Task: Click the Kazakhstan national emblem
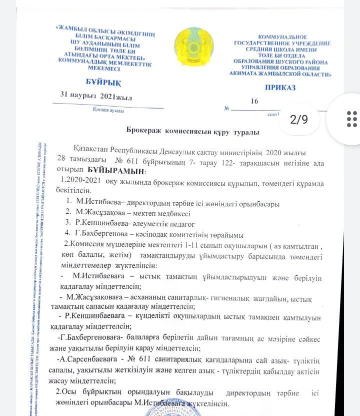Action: coord(193,49)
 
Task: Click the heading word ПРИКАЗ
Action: coord(280,88)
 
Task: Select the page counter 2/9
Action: coord(299,119)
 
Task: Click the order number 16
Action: coord(254,101)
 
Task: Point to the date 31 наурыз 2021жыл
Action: coord(95,96)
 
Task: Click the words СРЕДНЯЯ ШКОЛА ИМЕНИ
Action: coord(282,50)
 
